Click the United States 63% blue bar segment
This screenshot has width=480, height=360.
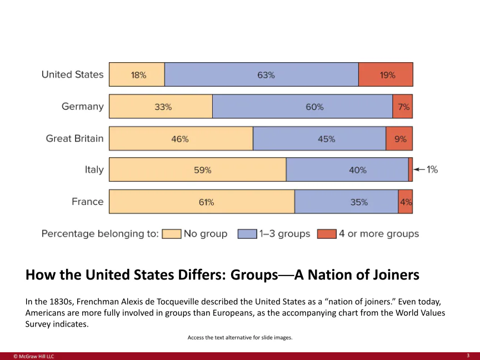261,74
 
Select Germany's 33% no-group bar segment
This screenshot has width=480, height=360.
161,107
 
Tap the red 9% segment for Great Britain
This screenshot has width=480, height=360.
399,139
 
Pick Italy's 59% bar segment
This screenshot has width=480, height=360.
197,170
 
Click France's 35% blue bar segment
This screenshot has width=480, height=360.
346,202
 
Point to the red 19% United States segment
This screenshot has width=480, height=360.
386,74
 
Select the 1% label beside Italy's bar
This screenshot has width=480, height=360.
432,169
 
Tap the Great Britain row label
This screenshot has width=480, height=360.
74,138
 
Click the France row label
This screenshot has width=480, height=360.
87,202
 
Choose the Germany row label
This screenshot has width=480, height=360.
82,107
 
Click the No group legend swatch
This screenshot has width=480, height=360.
172,234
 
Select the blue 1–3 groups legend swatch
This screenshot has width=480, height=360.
247,234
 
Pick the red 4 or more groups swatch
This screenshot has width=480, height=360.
327,234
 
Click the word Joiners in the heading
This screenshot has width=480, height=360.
384,275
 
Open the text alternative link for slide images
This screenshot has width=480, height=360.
240,337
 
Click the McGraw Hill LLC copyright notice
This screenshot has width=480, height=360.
34,356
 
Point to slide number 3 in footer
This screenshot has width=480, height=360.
468,355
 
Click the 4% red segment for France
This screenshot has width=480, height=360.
406,202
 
